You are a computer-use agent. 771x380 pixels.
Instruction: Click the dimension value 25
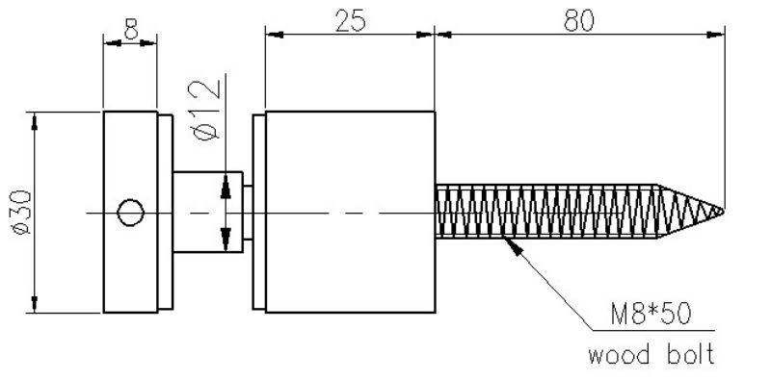point(350,20)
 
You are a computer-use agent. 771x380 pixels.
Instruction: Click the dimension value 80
point(578,20)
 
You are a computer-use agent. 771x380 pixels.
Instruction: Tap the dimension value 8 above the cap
point(131,29)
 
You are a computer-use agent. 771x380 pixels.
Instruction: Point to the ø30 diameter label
point(22,212)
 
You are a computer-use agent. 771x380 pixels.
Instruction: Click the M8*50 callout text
point(651,315)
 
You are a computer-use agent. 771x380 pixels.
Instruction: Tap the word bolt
point(691,353)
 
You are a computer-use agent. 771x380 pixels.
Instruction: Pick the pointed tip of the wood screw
point(724,211)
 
